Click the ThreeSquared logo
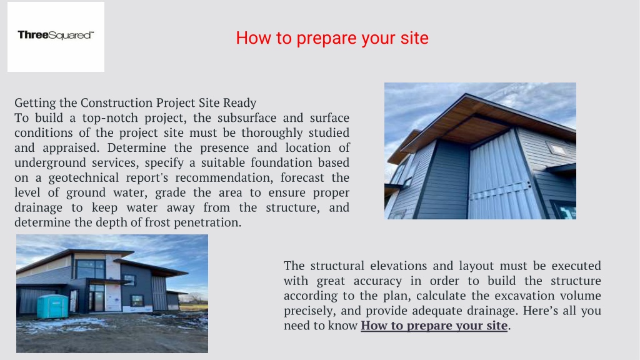(x=56, y=36)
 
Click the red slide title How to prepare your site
(x=332, y=38)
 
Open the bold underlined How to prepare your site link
(x=434, y=325)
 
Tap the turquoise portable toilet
(x=52, y=306)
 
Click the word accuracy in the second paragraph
(x=379, y=281)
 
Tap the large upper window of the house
(x=91, y=269)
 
